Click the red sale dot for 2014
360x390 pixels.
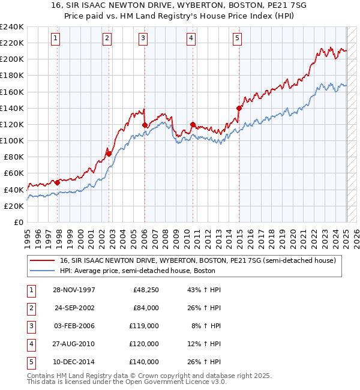coord(239,108)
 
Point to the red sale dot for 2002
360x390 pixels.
coord(109,154)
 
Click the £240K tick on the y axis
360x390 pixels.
coord(12,27)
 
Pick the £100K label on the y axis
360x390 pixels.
coord(12,140)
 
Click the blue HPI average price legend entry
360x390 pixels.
coord(137,271)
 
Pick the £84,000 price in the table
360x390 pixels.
coord(146,308)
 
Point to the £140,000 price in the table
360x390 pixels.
coord(144,362)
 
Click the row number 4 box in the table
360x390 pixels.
coord(31,344)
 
